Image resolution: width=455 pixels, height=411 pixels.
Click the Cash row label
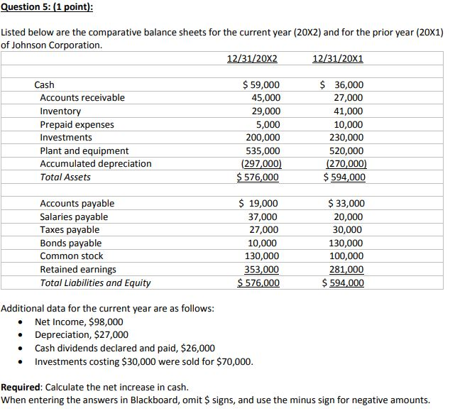point(44,84)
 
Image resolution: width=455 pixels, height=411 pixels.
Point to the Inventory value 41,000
point(347,111)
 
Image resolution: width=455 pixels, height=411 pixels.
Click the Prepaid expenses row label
point(77,124)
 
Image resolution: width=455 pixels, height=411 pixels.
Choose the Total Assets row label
point(65,177)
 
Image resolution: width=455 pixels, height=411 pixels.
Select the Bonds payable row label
point(70,243)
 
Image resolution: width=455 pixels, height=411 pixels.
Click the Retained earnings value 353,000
point(261,270)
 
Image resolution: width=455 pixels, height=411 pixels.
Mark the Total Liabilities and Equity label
point(95,283)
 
